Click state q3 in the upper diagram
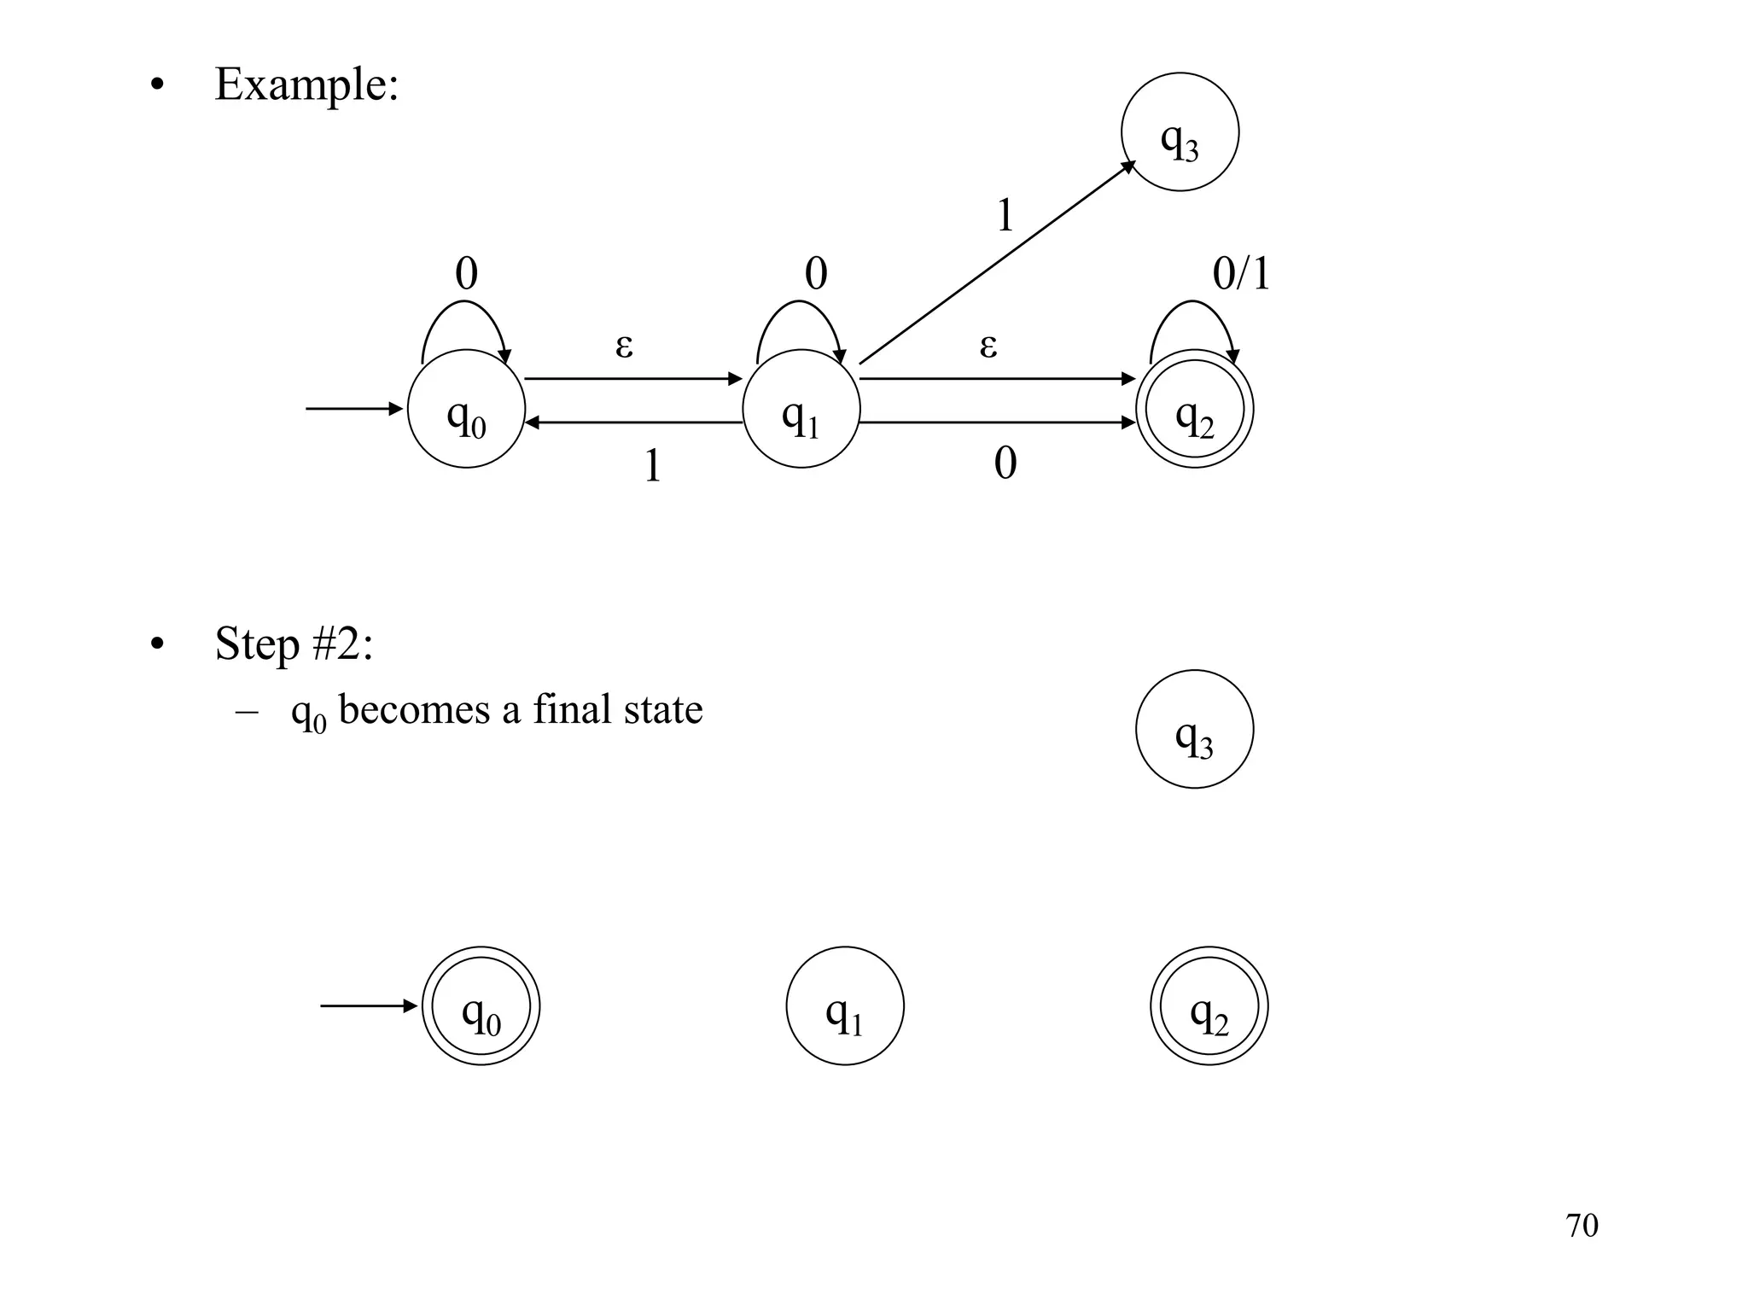(x=1180, y=132)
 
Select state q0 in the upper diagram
(x=466, y=409)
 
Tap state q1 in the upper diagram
(x=801, y=409)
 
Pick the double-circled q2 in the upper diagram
(x=1194, y=409)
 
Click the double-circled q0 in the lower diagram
(x=481, y=1005)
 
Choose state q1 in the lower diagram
(x=845, y=1005)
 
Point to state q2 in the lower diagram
(x=1209, y=1005)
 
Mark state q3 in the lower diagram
(x=1194, y=729)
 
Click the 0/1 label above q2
(x=1241, y=274)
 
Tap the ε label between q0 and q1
(x=624, y=346)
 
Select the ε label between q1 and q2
(x=988, y=346)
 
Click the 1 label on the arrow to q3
(x=1005, y=215)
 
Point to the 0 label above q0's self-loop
(x=466, y=274)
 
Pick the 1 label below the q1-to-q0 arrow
(x=652, y=466)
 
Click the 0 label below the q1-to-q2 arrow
(x=1005, y=464)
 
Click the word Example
(x=306, y=84)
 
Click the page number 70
(x=1582, y=1225)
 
